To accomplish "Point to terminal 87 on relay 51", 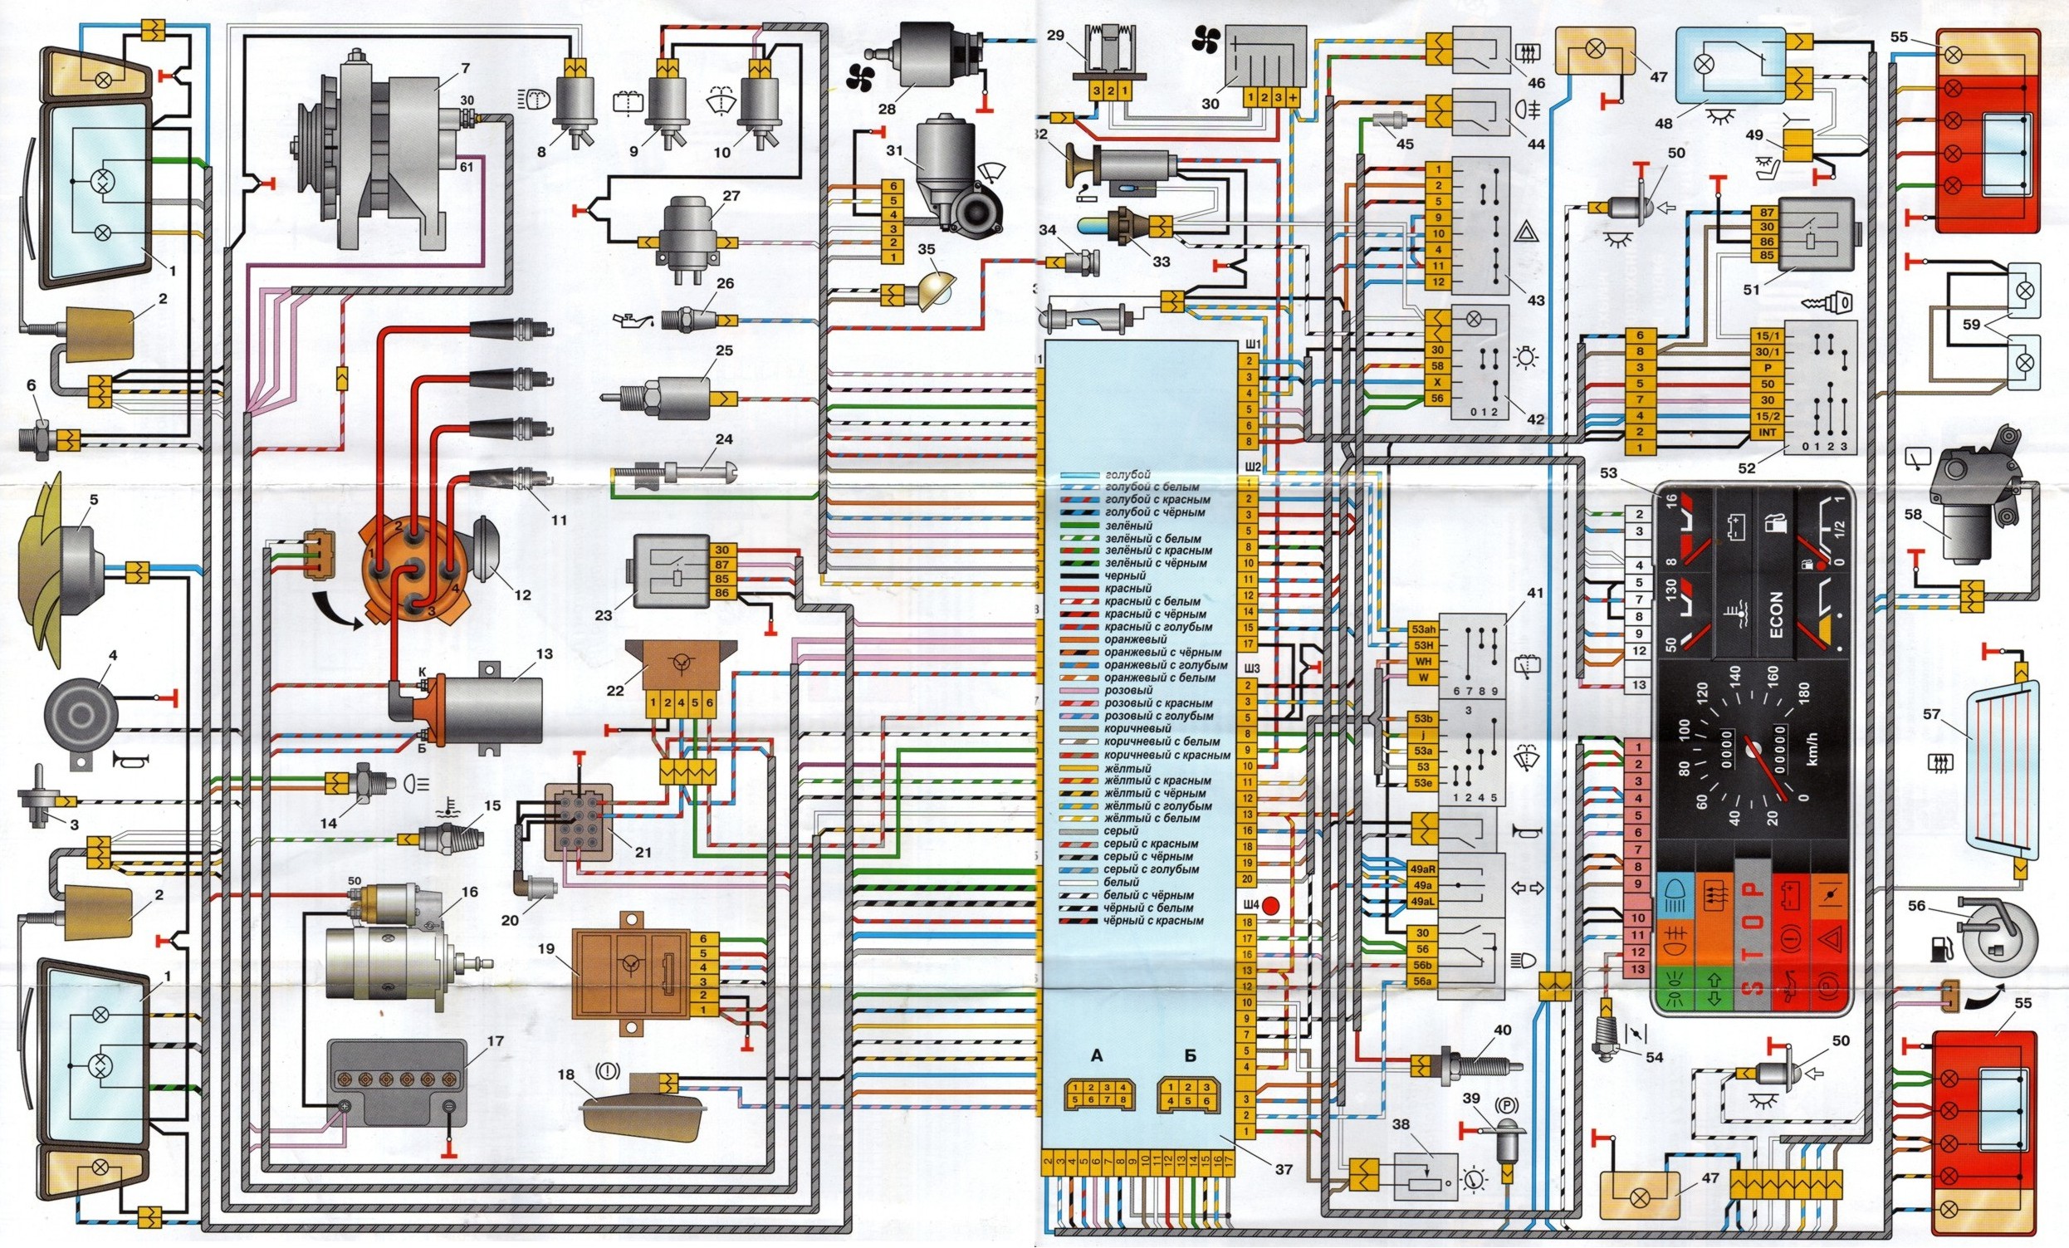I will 1761,213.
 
